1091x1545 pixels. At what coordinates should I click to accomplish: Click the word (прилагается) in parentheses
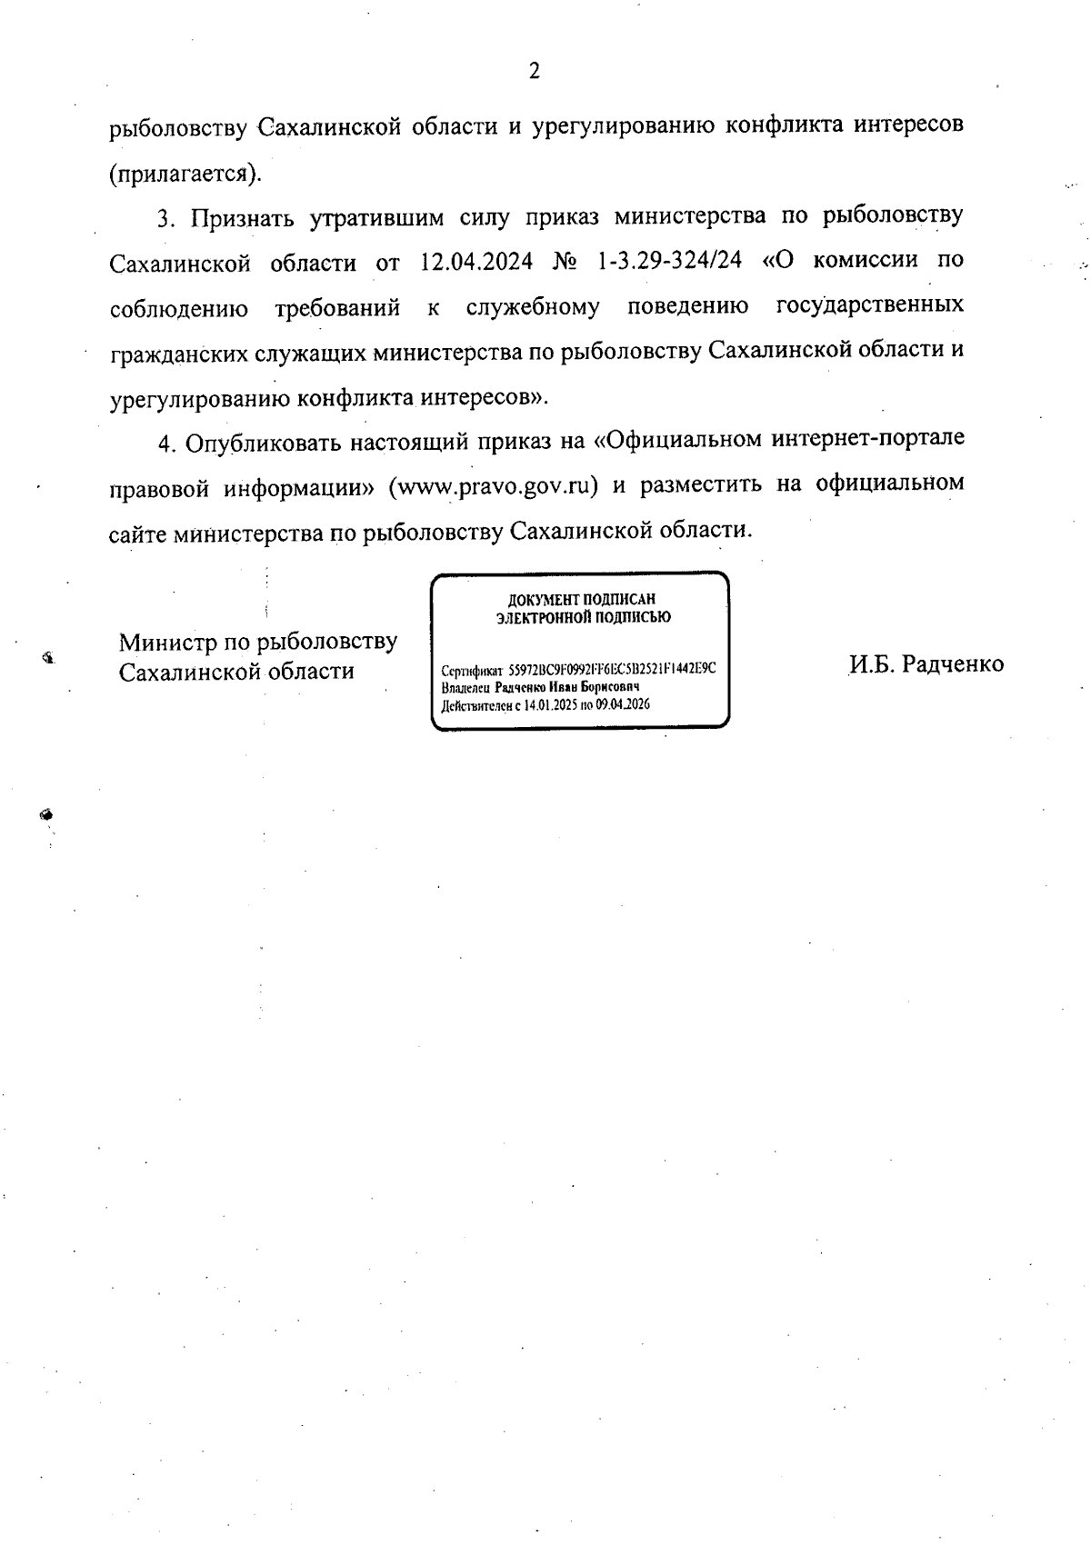pyautogui.click(x=185, y=173)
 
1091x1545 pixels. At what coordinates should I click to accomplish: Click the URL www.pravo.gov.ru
pyautogui.click(x=492, y=485)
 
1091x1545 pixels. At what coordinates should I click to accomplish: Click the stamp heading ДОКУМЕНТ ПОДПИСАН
pyautogui.click(x=581, y=600)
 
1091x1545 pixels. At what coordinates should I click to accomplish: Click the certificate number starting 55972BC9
pyautogui.click(x=612, y=668)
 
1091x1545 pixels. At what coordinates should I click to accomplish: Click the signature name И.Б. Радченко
pyautogui.click(x=926, y=664)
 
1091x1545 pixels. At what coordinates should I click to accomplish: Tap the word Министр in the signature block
pyautogui.click(x=168, y=643)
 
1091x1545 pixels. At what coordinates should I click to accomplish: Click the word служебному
pyautogui.click(x=532, y=307)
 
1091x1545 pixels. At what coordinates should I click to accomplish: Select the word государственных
pyautogui.click(x=870, y=305)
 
